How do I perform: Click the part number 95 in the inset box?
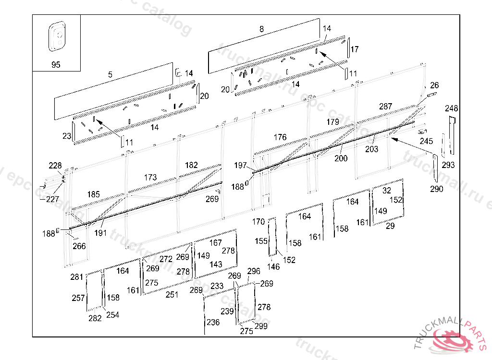coord(56,65)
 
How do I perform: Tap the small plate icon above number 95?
coord(56,36)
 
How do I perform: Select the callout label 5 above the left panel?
coord(110,74)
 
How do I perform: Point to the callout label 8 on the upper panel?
coord(261,29)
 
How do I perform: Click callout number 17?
coord(355,49)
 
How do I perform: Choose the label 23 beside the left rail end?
coord(67,136)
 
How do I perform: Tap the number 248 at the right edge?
coord(452,108)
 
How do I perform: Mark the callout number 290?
coord(437,189)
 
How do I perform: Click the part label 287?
coord(385,107)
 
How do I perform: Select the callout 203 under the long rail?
coord(371,149)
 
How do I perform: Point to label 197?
coord(241,166)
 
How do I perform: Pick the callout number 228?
coord(55,166)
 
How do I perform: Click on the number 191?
coord(101,233)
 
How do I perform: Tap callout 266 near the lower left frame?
coord(79,246)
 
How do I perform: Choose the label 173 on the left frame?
coord(150,178)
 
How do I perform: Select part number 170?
coord(258,222)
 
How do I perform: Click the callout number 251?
coord(172,295)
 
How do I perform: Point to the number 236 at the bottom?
coord(213,323)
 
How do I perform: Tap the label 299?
coord(261,326)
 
